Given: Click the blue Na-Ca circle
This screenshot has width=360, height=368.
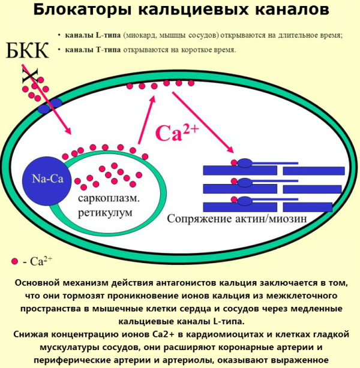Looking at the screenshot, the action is [x=47, y=181].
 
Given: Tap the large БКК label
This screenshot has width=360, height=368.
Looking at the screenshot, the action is [x=27, y=50].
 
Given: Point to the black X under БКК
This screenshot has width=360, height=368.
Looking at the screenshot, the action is [x=30, y=76].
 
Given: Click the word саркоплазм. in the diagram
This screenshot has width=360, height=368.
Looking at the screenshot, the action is [x=109, y=198].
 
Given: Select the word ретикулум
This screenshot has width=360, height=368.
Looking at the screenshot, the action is [x=105, y=213].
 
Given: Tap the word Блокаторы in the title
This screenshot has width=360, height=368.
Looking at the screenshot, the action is [x=82, y=10].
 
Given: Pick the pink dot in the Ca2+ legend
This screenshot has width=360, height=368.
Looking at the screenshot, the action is [x=14, y=261].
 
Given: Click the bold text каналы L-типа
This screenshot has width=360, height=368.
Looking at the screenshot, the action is [x=93, y=35].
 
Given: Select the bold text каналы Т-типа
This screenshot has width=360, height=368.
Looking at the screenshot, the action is [x=93, y=50].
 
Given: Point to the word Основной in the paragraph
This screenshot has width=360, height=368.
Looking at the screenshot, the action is [x=37, y=283].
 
